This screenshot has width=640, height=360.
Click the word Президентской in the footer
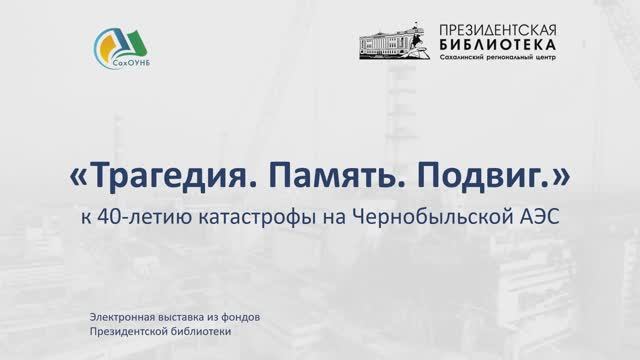pyautogui.click(x=128, y=331)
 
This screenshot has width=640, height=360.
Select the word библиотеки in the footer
pyautogui.click(x=199, y=331)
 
